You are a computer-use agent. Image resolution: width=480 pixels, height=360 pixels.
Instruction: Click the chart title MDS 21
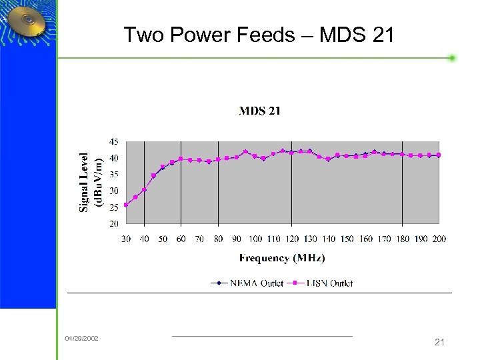[259, 111]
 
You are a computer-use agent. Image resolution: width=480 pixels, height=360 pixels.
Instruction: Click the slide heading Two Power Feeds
[259, 34]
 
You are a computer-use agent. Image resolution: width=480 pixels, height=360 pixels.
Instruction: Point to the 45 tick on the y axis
[114, 141]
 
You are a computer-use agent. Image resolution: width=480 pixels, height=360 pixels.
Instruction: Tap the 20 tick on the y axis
[114, 223]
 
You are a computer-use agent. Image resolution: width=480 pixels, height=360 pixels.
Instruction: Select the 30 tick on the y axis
[114, 191]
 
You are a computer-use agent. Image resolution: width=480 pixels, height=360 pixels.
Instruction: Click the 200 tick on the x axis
[439, 239]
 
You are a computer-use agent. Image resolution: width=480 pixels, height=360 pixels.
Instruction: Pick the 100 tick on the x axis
[255, 239]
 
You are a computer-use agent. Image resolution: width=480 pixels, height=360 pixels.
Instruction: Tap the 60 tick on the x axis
[181, 239]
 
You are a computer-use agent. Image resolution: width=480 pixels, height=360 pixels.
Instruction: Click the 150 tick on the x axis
[347, 239]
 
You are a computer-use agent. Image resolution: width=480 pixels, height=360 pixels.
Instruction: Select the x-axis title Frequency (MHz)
[282, 258]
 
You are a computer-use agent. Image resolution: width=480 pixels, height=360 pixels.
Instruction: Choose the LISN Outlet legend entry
[320, 283]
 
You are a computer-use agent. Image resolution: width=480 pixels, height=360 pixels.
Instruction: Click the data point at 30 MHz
[126, 205]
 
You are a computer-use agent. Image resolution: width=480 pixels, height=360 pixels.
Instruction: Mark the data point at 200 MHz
[439, 155]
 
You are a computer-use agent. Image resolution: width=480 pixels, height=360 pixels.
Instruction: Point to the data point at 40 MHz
[144, 190]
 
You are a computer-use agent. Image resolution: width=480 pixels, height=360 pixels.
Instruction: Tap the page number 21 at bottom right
[439, 342]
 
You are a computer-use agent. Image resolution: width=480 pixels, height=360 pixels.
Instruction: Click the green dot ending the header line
[452, 58]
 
